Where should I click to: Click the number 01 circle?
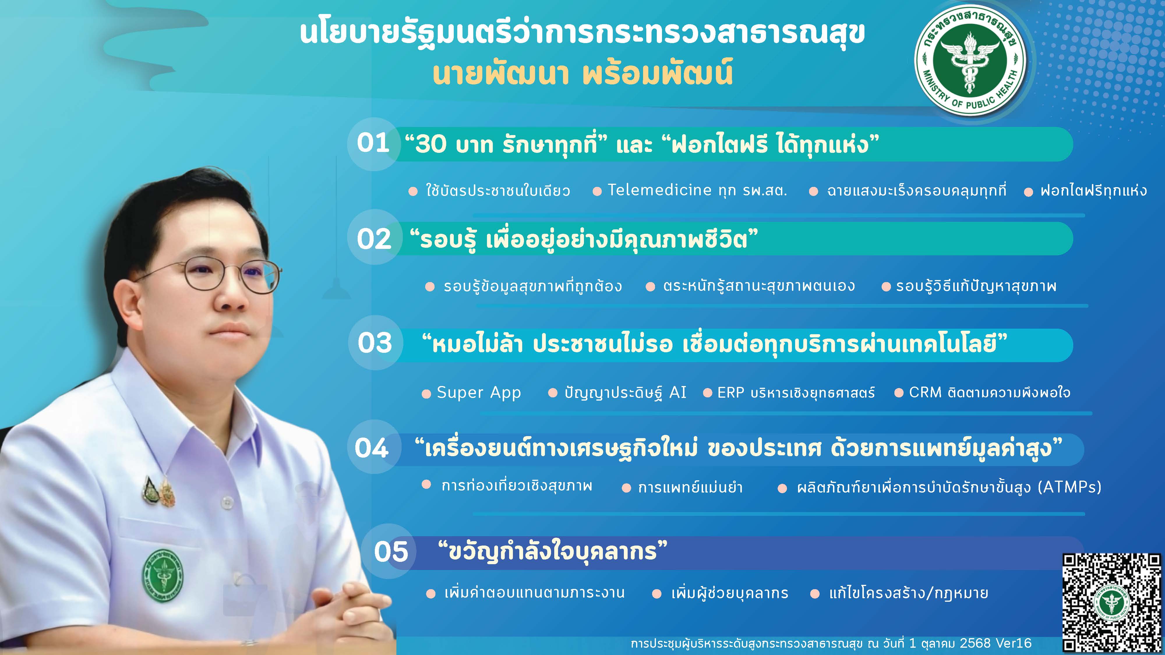click(374, 144)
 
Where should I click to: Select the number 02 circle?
click(375, 238)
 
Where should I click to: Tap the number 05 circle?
click(390, 551)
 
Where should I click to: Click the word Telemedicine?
click(659, 190)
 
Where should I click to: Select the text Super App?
click(479, 392)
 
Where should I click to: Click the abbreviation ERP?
click(730, 392)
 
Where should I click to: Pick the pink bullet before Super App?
click(426, 394)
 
